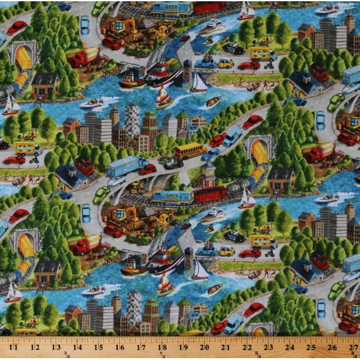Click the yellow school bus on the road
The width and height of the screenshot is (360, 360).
click(x=189, y=151)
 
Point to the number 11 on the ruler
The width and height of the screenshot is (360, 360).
click(x=14, y=346)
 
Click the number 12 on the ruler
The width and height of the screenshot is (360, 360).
click(x=34, y=346)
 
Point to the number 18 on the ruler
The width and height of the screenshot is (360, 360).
click(x=162, y=346)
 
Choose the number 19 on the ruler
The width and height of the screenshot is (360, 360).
click(x=183, y=346)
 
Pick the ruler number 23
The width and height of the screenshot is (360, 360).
click(x=268, y=346)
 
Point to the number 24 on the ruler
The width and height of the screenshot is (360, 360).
click(x=289, y=346)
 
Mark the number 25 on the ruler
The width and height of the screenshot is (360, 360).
click(x=311, y=346)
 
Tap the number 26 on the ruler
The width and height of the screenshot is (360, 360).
click(x=332, y=346)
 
